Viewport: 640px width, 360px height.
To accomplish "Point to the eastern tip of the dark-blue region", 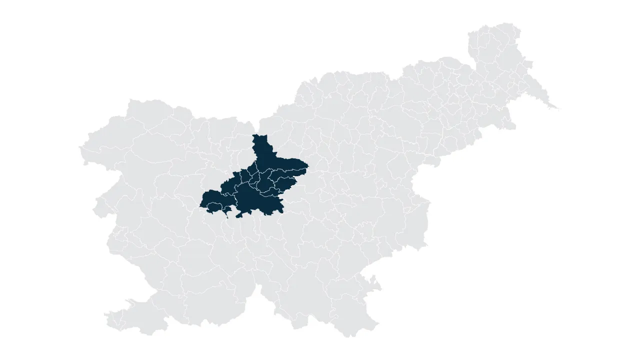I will coord(307,165).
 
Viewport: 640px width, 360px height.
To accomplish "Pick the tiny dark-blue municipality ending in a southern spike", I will coord(226,212).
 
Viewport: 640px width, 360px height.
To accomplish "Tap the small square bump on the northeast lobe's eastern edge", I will coord(529,63).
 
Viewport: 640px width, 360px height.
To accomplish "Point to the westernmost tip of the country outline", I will coord(80,148).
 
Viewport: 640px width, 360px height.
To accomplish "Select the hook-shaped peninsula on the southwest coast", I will coord(131,302).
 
